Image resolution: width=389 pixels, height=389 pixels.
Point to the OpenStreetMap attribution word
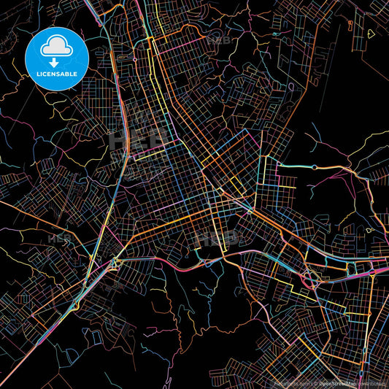(x=337, y=382)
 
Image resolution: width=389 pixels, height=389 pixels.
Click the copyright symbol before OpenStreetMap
(x=315, y=382)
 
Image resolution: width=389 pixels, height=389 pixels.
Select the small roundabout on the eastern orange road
(x=315, y=167)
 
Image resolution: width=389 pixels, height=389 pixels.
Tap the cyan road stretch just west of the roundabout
(x=292, y=165)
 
